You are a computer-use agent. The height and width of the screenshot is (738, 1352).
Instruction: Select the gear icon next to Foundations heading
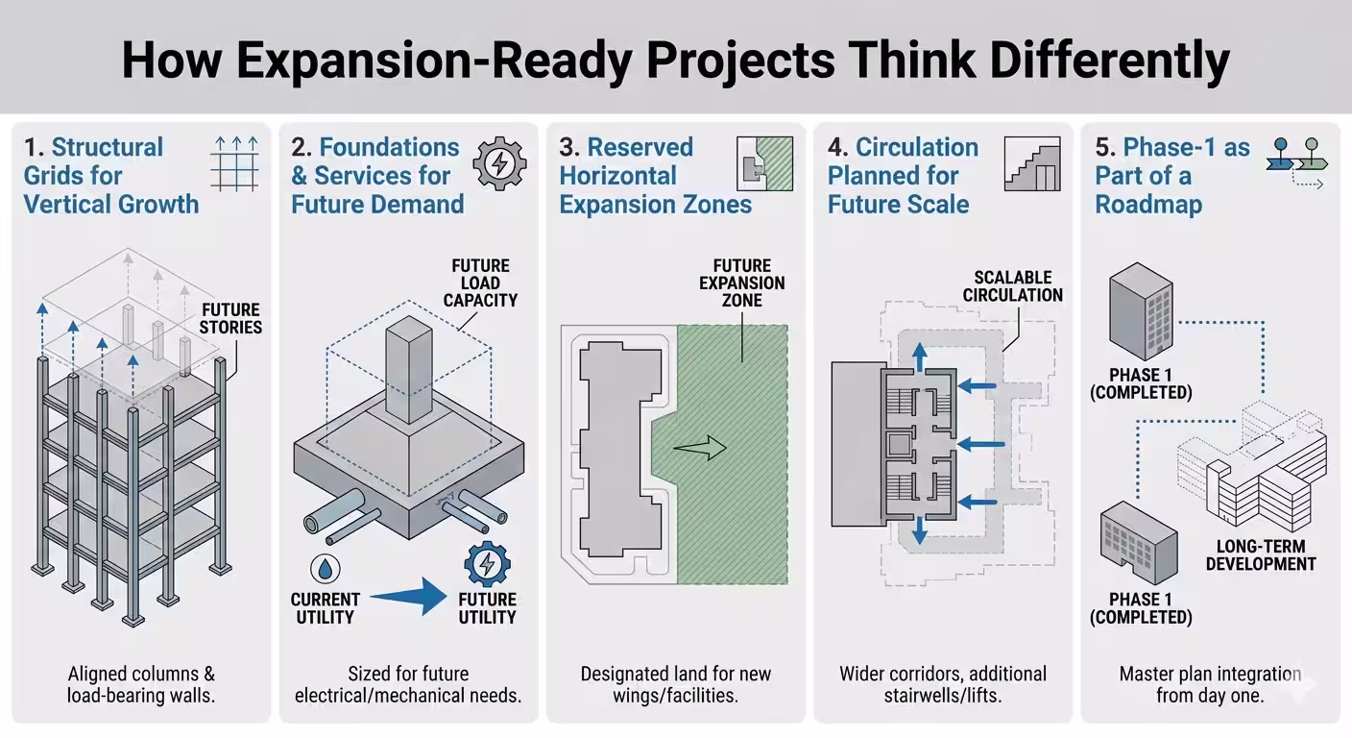(x=499, y=163)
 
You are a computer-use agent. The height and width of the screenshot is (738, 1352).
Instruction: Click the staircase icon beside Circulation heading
(x=1032, y=163)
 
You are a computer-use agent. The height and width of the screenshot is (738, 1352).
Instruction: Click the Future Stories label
(x=230, y=318)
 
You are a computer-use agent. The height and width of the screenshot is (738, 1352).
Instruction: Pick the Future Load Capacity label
(x=480, y=283)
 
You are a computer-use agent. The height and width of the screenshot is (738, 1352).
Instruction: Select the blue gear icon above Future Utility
(x=487, y=565)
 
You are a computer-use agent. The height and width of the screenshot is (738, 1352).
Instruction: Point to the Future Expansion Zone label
(x=741, y=283)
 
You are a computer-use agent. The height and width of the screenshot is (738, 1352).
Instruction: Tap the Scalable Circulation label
(x=1013, y=285)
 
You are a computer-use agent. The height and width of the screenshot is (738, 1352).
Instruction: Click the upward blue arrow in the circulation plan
(x=920, y=357)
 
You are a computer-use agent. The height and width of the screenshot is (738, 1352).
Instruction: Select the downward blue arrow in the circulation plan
(x=920, y=529)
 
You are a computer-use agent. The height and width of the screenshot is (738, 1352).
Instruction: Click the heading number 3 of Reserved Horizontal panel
(x=568, y=148)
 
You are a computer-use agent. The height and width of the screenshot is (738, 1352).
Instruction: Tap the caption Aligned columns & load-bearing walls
(x=141, y=684)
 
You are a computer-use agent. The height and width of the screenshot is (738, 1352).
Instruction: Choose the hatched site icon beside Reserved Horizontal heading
(x=764, y=163)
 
